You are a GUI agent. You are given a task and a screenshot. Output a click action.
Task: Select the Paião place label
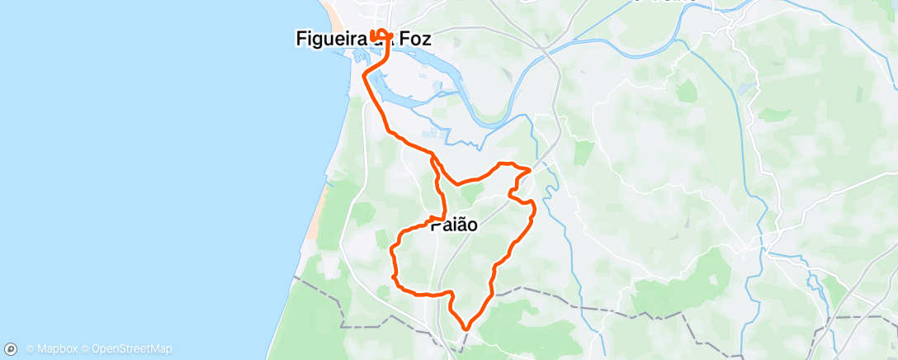(x=452, y=223)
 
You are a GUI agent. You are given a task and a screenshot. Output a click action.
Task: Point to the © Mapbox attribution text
(x=52, y=348)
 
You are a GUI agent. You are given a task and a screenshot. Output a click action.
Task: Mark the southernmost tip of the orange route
(x=466, y=328)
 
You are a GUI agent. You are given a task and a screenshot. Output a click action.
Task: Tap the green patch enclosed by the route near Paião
(x=471, y=193)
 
